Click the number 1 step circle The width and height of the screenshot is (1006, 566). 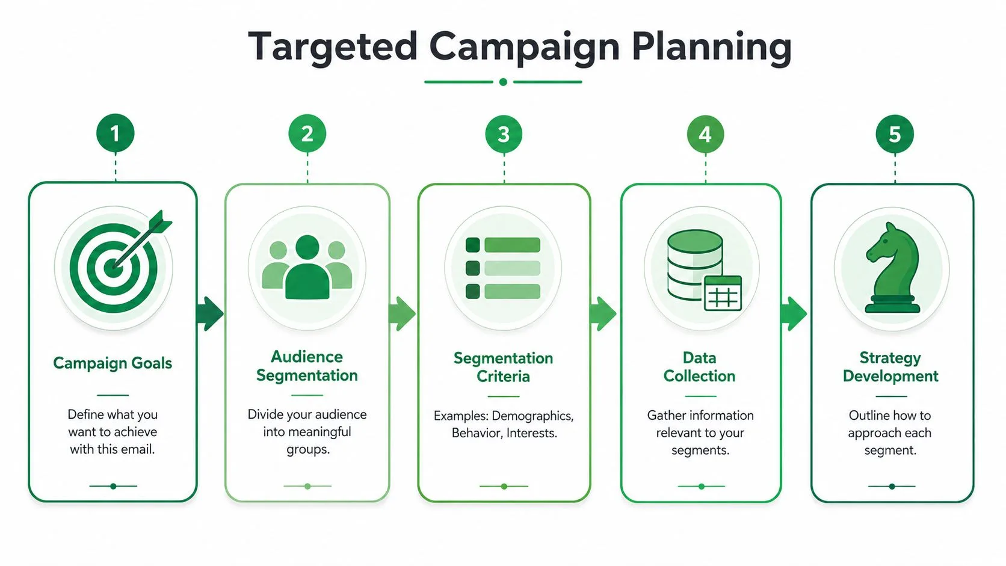point(116,134)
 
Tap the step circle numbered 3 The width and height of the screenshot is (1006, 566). point(504,134)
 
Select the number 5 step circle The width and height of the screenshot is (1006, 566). point(895,134)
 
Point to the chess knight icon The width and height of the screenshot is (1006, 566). point(892,268)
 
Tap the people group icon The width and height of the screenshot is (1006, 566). point(307,267)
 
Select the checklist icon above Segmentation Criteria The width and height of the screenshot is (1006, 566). point(503,268)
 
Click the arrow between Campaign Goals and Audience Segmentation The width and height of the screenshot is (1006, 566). point(210,314)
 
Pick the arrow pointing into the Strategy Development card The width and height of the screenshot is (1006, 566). point(794,314)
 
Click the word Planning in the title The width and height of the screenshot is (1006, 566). point(711,48)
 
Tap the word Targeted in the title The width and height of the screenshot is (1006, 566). point(333,48)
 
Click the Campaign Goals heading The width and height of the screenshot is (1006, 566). point(113,363)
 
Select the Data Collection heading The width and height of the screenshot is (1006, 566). point(700,367)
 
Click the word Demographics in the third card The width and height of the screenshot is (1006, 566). point(532,416)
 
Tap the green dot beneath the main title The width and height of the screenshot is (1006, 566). point(503,82)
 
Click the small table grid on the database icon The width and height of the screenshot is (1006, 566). point(723,294)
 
